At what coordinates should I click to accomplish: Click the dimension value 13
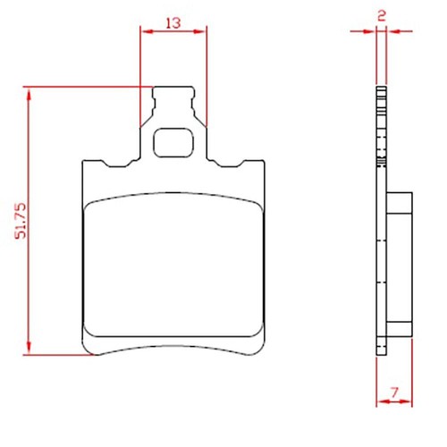173,22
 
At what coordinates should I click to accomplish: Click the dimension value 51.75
21,221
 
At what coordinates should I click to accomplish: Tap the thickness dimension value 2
382,15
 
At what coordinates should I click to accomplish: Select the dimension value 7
394,392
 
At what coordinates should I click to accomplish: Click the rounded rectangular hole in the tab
173,143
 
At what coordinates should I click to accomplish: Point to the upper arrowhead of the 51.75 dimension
29,96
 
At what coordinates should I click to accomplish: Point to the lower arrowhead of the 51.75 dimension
29,347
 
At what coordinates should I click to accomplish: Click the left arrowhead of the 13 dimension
148,31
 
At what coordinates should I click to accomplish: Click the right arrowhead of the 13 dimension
199,31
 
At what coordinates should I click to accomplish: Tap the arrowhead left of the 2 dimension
369,31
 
